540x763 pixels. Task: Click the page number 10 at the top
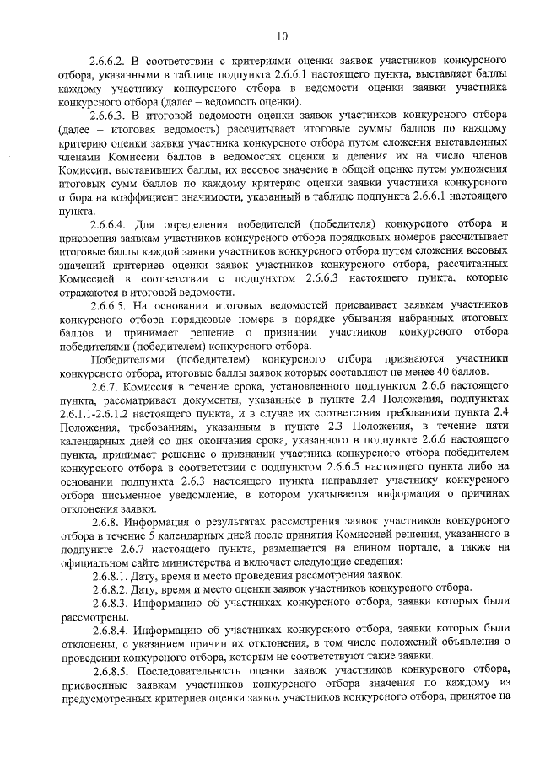[x=282, y=35]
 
